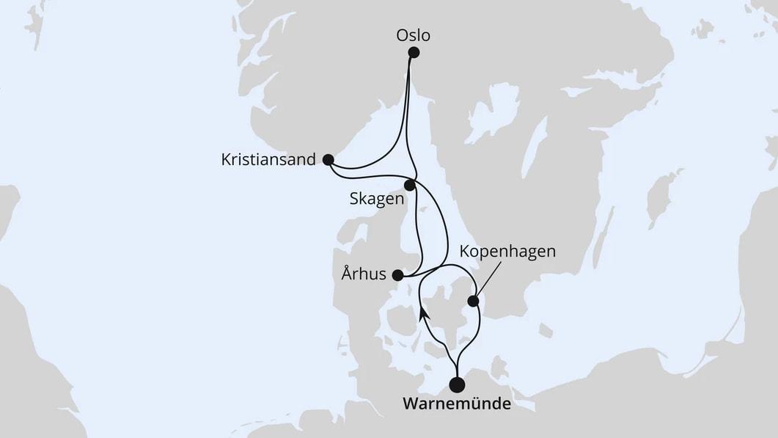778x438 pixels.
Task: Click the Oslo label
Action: (413, 34)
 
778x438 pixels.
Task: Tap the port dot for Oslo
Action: (414, 53)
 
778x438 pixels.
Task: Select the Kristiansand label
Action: (268, 159)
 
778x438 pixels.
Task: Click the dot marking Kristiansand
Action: (328, 158)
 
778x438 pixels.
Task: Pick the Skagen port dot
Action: (410, 186)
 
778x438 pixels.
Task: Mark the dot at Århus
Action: (397, 276)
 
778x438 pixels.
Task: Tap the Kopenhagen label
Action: (507, 252)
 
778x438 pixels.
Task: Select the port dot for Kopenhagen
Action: (474, 300)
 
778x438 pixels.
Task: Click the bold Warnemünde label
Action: (455, 404)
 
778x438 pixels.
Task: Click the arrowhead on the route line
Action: (424, 315)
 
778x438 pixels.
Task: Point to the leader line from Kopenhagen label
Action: (488, 280)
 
